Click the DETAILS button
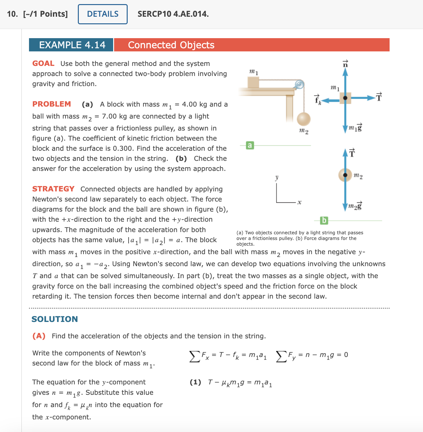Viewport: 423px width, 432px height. [x=103, y=14]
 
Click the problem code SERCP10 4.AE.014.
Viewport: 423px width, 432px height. [x=173, y=14]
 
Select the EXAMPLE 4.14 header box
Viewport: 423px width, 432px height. [x=72, y=45]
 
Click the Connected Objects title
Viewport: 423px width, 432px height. [x=171, y=45]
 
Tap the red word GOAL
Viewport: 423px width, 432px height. [x=43, y=63]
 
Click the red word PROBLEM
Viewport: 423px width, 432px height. [x=52, y=104]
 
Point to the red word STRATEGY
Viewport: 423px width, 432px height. [x=53, y=189]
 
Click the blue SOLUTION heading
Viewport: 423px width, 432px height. [x=55, y=319]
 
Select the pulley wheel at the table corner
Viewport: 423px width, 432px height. [x=299, y=85]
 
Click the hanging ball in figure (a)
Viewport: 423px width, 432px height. [x=304, y=119]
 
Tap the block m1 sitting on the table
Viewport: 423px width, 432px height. [x=253, y=82]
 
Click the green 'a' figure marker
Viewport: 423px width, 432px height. [x=250, y=145]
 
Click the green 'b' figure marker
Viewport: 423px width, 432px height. [x=324, y=220]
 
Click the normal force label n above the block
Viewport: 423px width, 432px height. [x=345, y=63]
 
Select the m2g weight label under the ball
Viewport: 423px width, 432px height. [x=355, y=206]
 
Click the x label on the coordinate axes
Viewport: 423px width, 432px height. [x=299, y=202]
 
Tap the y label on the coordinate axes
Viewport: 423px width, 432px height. [x=277, y=178]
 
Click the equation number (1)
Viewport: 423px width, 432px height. [x=195, y=382]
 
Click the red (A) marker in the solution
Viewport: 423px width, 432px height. [x=39, y=336]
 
